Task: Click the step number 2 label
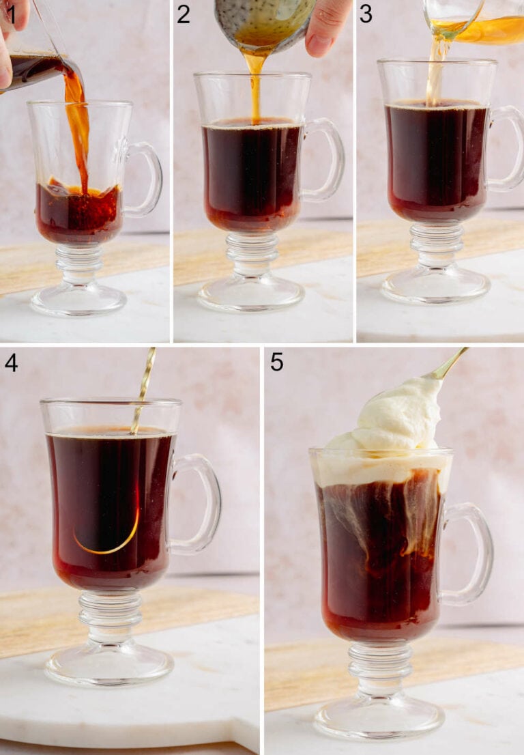pyautogui.click(x=183, y=13)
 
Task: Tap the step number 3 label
pyautogui.click(x=366, y=13)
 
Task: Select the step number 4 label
pyautogui.click(x=11, y=362)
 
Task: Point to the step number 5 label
pyautogui.click(x=276, y=362)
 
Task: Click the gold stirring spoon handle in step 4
pyautogui.click(x=145, y=382)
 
